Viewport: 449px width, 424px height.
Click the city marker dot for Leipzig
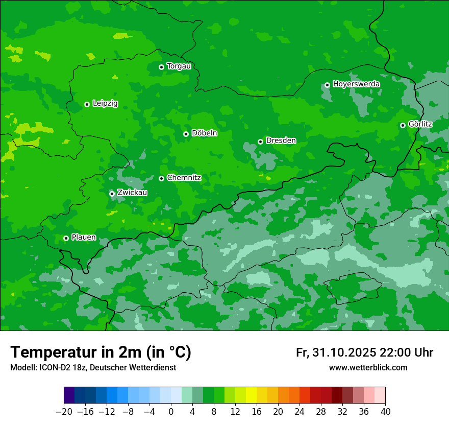coord(87,104)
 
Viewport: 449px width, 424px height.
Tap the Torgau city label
coord(179,66)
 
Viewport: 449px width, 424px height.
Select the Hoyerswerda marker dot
coord(327,85)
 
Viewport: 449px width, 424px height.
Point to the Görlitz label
coord(420,124)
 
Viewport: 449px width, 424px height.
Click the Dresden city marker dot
coord(260,142)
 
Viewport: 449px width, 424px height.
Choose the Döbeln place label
coord(204,133)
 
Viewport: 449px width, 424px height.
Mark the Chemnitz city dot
coord(161,178)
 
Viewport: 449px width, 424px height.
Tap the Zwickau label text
coord(132,193)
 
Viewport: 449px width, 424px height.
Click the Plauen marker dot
coord(66,238)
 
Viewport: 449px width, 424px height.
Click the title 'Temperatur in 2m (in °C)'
coord(101,352)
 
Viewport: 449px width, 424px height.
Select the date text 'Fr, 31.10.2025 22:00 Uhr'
coord(364,352)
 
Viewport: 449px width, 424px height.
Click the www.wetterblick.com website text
coord(368,368)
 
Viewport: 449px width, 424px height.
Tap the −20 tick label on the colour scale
coord(64,412)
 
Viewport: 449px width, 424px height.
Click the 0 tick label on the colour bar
coord(171,412)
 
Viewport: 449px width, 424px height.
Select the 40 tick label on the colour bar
coord(385,412)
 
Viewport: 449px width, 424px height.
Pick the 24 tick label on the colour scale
coord(300,412)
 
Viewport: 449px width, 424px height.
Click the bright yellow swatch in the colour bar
coord(251,395)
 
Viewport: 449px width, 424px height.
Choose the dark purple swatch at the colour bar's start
coord(69,395)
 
